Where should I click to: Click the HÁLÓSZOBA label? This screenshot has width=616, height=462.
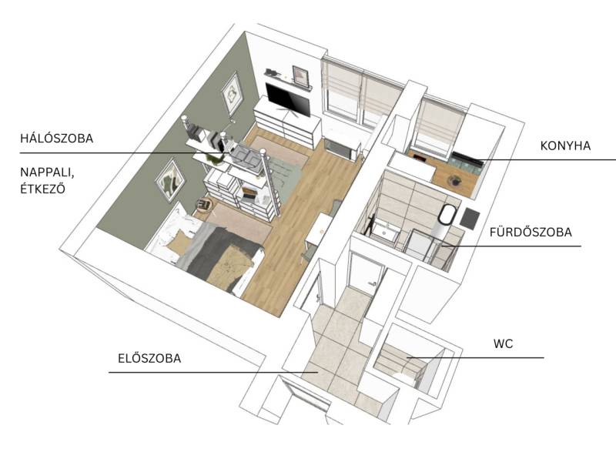(56, 139)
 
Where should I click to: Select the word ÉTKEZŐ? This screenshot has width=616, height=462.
(43, 189)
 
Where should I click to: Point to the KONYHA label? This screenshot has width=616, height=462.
(565, 146)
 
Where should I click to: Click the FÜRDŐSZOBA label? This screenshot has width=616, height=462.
(531, 233)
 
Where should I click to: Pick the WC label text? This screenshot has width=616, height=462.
(504, 343)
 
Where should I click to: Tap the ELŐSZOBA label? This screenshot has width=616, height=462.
(149, 358)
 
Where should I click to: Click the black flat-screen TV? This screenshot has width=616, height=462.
(287, 100)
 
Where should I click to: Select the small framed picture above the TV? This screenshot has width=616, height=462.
(300, 75)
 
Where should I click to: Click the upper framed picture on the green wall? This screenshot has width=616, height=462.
(233, 93)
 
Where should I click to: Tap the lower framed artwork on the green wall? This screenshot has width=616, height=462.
(170, 180)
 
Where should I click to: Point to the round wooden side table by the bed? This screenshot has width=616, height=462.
(204, 204)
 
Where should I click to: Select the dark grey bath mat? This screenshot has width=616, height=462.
(470, 219)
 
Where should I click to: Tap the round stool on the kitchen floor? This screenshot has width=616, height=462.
(454, 180)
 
